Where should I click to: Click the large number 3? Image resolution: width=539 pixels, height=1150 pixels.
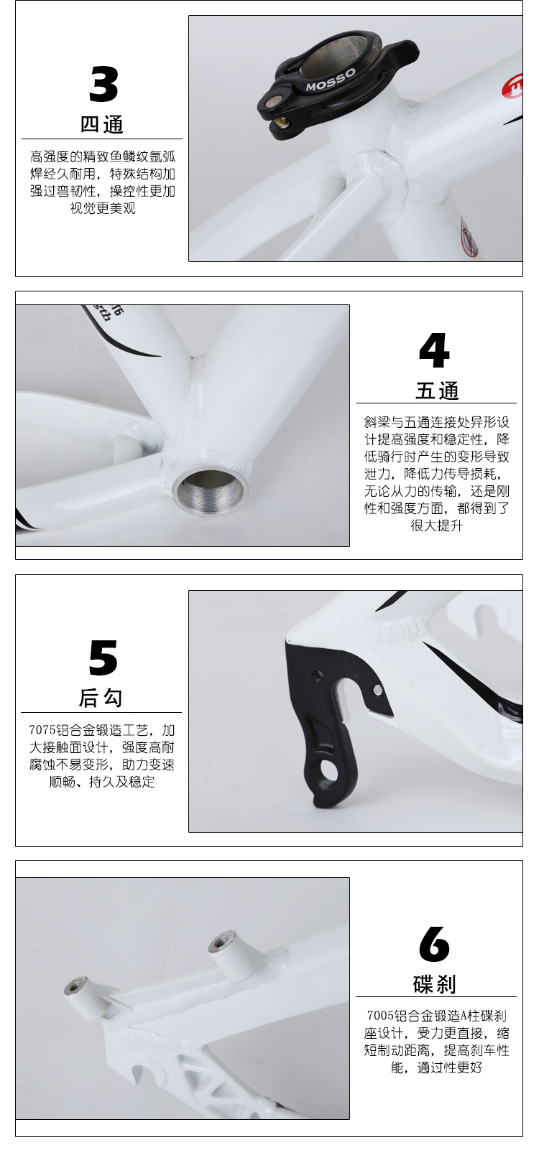pyautogui.click(x=103, y=84)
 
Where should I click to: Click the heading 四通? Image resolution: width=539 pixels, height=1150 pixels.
pyautogui.click(x=102, y=124)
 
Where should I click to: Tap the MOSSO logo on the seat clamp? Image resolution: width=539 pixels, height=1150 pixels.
pyautogui.click(x=331, y=80)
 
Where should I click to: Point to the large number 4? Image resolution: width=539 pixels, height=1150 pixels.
pyautogui.click(x=434, y=350)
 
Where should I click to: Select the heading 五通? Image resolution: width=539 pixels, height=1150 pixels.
pyautogui.click(x=437, y=391)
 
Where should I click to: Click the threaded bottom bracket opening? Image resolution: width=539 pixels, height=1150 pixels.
pyautogui.click(x=210, y=492)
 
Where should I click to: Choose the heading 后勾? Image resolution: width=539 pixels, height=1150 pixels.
pyautogui.click(x=101, y=698)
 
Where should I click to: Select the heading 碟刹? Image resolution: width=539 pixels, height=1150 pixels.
pyautogui.click(x=435, y=984)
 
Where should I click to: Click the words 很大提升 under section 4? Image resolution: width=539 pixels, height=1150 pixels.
pyautogui.click(x=437, y=525)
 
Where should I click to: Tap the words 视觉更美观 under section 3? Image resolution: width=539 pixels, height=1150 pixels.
pyautogui.click(x=103, y=208)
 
